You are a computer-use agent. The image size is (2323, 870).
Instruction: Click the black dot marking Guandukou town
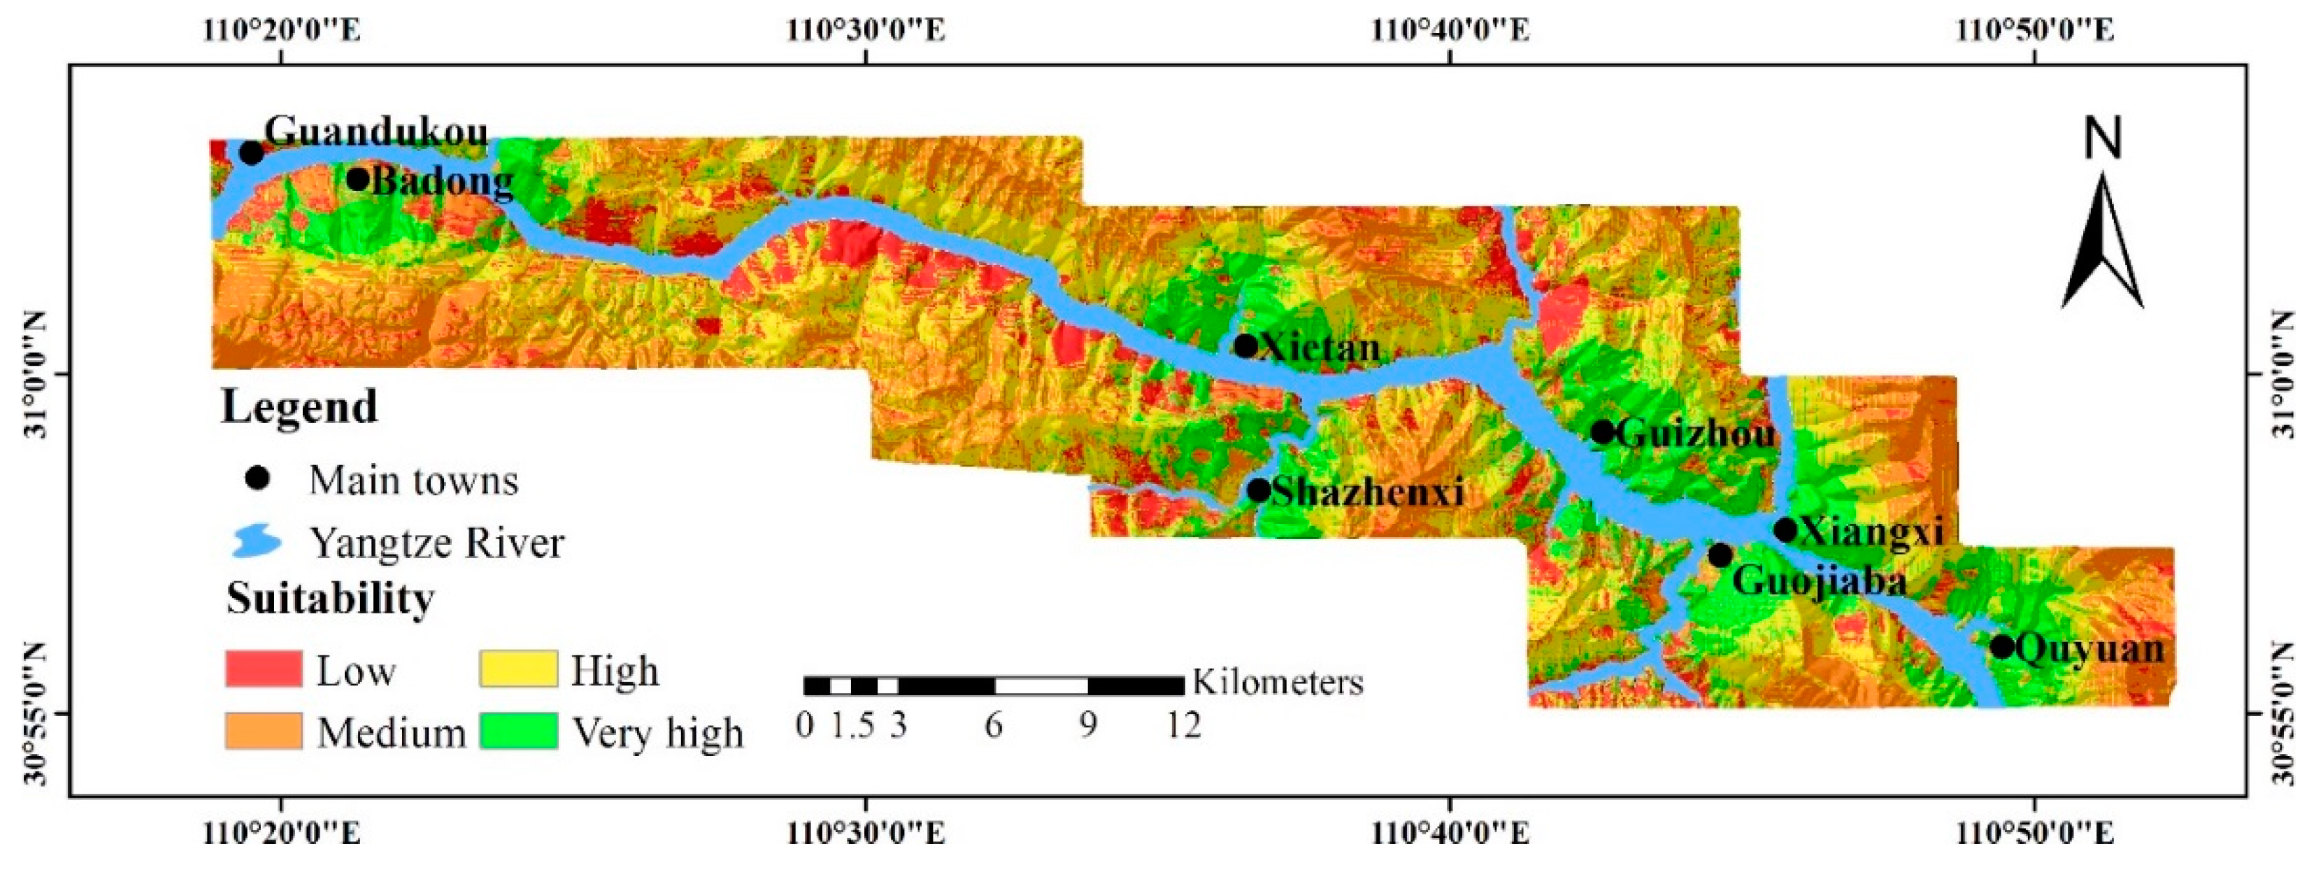[252, 153]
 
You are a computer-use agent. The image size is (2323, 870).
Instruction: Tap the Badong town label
[442, 182]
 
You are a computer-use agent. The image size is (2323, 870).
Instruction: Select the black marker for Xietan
[1245, 345]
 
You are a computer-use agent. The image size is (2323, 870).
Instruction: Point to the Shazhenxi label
[1367, 492]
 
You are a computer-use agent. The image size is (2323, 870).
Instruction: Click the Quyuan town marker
[2002, 646]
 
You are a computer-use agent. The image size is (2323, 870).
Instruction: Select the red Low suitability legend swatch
[264, 669]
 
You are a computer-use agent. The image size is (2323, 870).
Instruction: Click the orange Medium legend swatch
[264, 731]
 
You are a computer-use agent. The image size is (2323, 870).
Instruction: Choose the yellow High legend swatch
[519, 669]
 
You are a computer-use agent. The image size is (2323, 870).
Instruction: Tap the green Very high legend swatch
[519, 731]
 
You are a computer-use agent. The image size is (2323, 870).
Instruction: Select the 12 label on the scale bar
[1183, 725]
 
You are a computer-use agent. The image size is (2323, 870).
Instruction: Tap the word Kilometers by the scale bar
[1277, 683]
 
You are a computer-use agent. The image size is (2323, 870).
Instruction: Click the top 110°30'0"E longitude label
[866, 31]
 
